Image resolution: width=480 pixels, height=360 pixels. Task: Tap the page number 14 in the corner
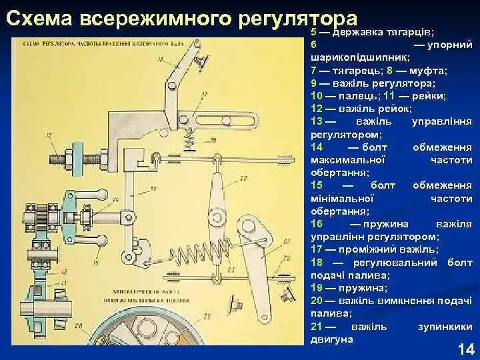[465, 349]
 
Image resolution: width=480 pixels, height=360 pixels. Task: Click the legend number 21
[317, 326]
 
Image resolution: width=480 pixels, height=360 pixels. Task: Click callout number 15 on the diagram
[48, 135]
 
